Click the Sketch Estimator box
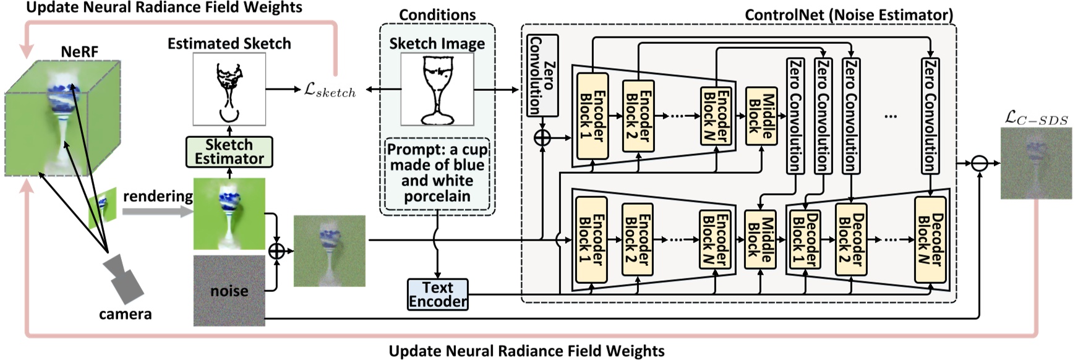click(x=229, y=152)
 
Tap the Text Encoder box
click(x=437, y=294)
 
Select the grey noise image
click(x=229, y=290)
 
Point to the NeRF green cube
click(x=62, y=118)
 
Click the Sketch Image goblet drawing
click(x=437, y=90)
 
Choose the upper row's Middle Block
click(x=761, y=116)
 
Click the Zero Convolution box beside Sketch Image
click(x=542, y=75)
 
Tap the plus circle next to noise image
click(x=276, y=251)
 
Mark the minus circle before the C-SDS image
click(x=979, y=163)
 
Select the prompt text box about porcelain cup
click(x=437, y=173)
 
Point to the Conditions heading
click(x=437, y=14)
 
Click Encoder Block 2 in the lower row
click(x=638, y=239)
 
